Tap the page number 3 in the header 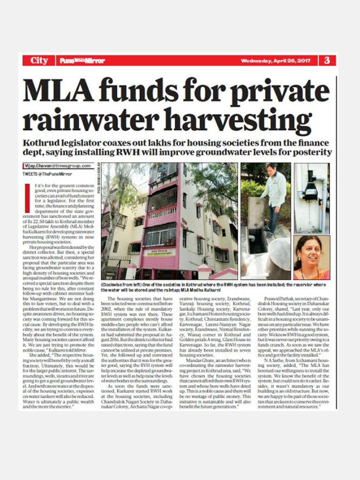point(327,60)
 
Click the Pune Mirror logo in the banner point(82,61)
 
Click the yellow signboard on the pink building point(160,253)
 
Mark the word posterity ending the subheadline point(315,152)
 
